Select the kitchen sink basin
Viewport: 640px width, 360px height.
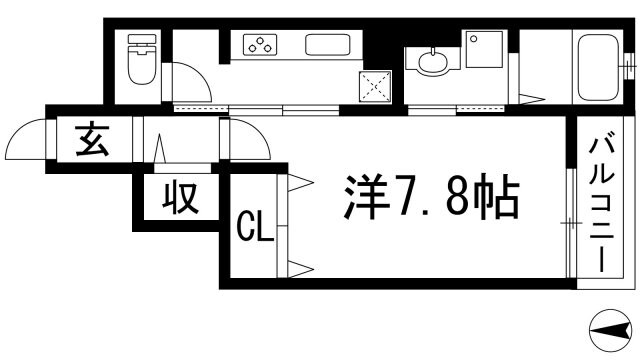tap(328, 45)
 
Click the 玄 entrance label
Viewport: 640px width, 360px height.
tap(92, 141)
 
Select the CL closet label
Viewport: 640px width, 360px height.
tap(254, 228)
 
